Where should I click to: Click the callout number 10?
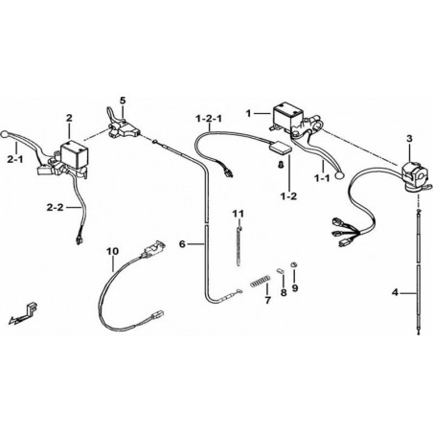click(112, 251)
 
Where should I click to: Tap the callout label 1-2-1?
click(209, 119)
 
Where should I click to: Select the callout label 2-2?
click(55, 208)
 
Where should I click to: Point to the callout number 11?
click(238, 214)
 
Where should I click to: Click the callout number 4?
click(396, 292)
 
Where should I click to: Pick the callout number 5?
click(123, 101)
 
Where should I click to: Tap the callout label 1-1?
click(322, 178)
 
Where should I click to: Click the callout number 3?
click(409, 139)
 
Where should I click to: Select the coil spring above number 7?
click(261, 281)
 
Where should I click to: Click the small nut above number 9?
click(294, 264)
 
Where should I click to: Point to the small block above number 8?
click(280, 270)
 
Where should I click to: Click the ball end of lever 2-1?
click(5, 134)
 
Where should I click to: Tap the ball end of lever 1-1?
click(339, 174)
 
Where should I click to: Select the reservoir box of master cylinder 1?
click(288, 116)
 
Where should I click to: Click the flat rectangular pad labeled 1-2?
click(281, 148)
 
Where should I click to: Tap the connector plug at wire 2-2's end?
click(79, 240)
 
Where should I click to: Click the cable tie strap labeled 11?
click(239, 245)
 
